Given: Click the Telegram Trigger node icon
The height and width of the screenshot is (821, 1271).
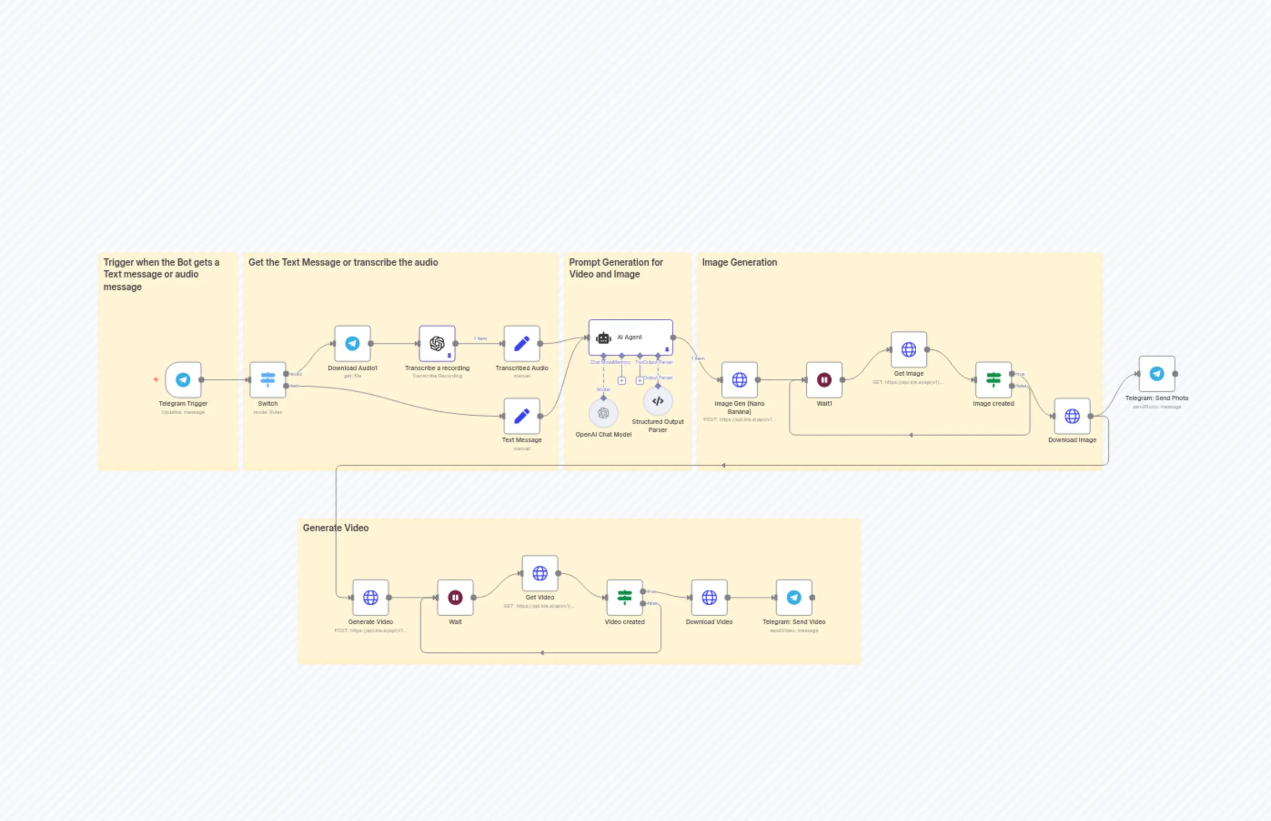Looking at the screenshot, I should [x=183, y=380].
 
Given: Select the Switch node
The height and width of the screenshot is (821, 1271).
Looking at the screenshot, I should [x=267, y=380].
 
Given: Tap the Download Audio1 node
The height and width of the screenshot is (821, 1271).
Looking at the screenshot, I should [x=353, y=343].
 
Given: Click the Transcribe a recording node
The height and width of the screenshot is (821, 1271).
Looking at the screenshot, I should [x=437, y=343].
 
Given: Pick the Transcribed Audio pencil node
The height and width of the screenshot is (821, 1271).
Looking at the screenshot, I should [x=521, y=343].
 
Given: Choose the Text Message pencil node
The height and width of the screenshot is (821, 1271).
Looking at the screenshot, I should [x=521, y=416].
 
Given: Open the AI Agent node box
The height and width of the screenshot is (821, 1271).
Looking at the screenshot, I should [x=630, y=337].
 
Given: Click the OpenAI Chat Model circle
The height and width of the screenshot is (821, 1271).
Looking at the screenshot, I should [x=603, y=413].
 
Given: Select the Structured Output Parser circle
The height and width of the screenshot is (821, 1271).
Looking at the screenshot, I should [x=657, y=401].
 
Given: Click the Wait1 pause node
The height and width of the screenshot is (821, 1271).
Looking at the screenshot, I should [x=824, y=380].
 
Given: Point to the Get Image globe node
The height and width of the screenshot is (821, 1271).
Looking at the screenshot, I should [x=908, y=350].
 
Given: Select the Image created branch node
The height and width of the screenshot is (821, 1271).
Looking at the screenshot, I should [x=993, y=380].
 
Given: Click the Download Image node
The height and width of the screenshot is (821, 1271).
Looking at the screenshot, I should [x=1072, y=416].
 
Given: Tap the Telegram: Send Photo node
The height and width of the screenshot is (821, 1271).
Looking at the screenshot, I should [x=1156, y=374].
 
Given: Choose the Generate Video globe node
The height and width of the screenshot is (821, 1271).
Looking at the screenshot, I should [x=371, y=598].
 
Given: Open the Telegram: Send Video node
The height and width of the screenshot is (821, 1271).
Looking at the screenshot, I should [x=794, y=598].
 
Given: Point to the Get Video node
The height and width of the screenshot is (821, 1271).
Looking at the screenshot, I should [x=540, y=573].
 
